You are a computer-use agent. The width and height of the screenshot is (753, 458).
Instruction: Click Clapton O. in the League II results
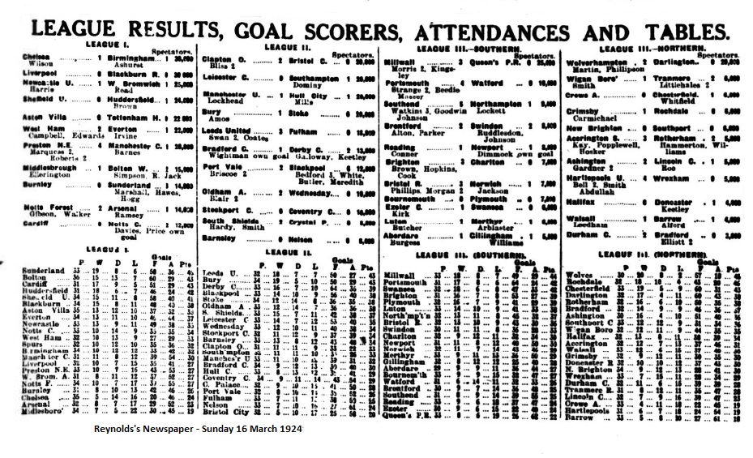coord(223,59)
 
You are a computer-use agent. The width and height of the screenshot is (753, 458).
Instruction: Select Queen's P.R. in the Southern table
coord(409,415)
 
